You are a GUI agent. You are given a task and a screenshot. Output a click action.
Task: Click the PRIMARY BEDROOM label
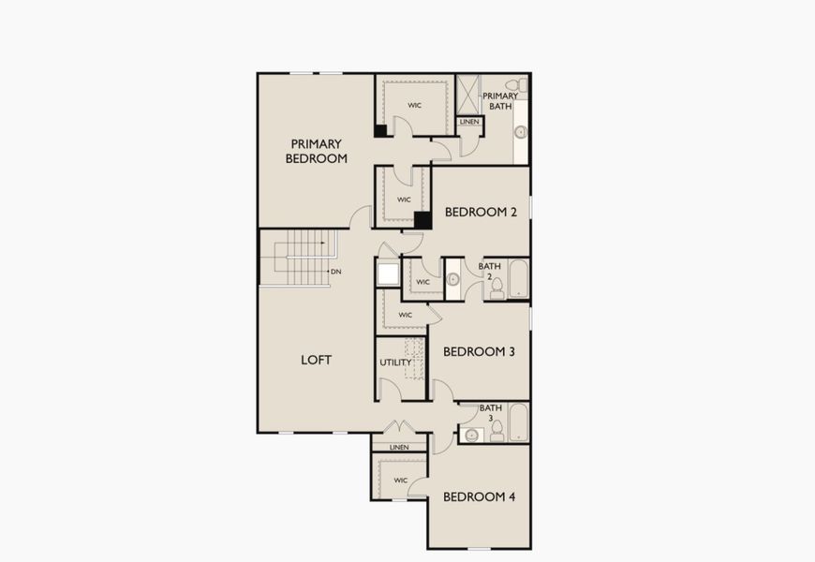pyautogui.click(x=317, y=151)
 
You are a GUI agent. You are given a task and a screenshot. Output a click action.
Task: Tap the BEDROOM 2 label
pyautogui.click(x=481, y=212)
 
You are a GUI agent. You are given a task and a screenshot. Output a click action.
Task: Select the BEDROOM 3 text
pyautogui.click(x=479, y=351)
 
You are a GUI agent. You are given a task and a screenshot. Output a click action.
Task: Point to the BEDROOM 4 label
pyautogui.click(x=479, y=496)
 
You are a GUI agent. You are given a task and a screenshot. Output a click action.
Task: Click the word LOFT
pyautogui.click(x=316, y=360)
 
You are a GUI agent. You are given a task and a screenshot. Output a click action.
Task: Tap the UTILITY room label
pyautogui.click(x=395, y=362)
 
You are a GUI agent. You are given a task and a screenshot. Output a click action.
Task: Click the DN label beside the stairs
pyautogui.click(x=335, y=272)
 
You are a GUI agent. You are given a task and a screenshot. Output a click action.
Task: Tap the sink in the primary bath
pyautogui.click(x=520, y=132)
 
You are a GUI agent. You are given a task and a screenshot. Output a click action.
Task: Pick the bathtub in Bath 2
pyautogui.click(x=518, y=280)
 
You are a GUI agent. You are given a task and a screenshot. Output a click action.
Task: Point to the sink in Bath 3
pyautogui.click(x=473, y=434)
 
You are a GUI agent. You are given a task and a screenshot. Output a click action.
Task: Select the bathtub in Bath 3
pyautogui.click(x=518, y=423)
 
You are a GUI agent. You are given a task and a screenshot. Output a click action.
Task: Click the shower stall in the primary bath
pyautogui.click(x=467, y=94)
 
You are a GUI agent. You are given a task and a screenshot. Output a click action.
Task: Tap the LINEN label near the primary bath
pyautogui.click(x=468, y=122)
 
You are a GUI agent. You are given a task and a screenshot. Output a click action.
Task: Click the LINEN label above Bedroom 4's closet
pyautogui.click(x=399, y=448)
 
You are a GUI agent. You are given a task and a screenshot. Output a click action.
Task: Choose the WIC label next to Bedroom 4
pyautogui.click(x=400, y=481)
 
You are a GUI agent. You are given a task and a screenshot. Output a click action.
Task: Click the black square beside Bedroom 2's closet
pyautogui.click(x=422, y=220)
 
